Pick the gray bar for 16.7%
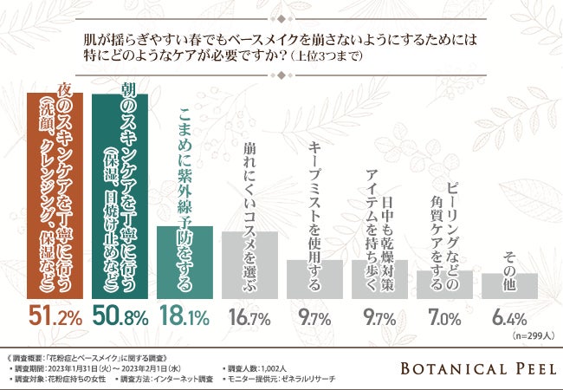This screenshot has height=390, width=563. pos(249,265)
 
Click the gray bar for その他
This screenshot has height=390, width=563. pos(515,286)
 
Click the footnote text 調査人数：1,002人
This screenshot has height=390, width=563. pos(262,368)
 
